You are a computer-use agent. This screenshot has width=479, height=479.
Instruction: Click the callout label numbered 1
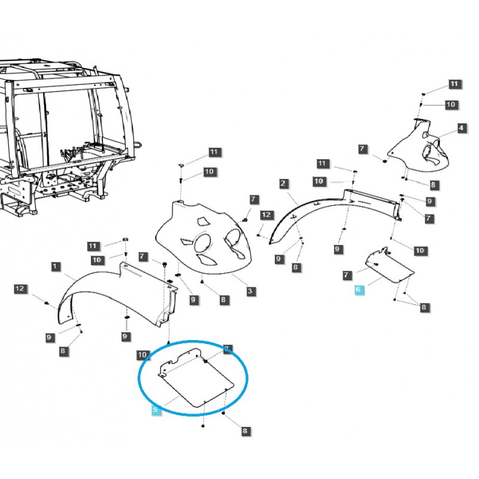coord(55,266)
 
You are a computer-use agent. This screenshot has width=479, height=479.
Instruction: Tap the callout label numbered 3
coord(251,292)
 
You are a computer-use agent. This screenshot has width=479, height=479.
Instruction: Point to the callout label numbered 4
coord(462,128)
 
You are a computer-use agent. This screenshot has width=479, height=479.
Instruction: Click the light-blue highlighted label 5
coord(155,411)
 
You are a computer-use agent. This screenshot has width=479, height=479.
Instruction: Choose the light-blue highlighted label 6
coord(359,290)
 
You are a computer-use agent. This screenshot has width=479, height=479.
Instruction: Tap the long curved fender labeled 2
coord(335,207)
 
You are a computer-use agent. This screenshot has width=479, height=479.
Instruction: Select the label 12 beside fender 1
coord(20,289)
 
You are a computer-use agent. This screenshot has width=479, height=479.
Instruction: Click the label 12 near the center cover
coord(266,215)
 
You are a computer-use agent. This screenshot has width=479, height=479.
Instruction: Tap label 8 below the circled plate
coord(244,431)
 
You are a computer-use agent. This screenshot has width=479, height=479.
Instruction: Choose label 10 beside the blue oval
coord(143,355)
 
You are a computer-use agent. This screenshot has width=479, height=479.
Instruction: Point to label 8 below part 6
coord(425,307)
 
